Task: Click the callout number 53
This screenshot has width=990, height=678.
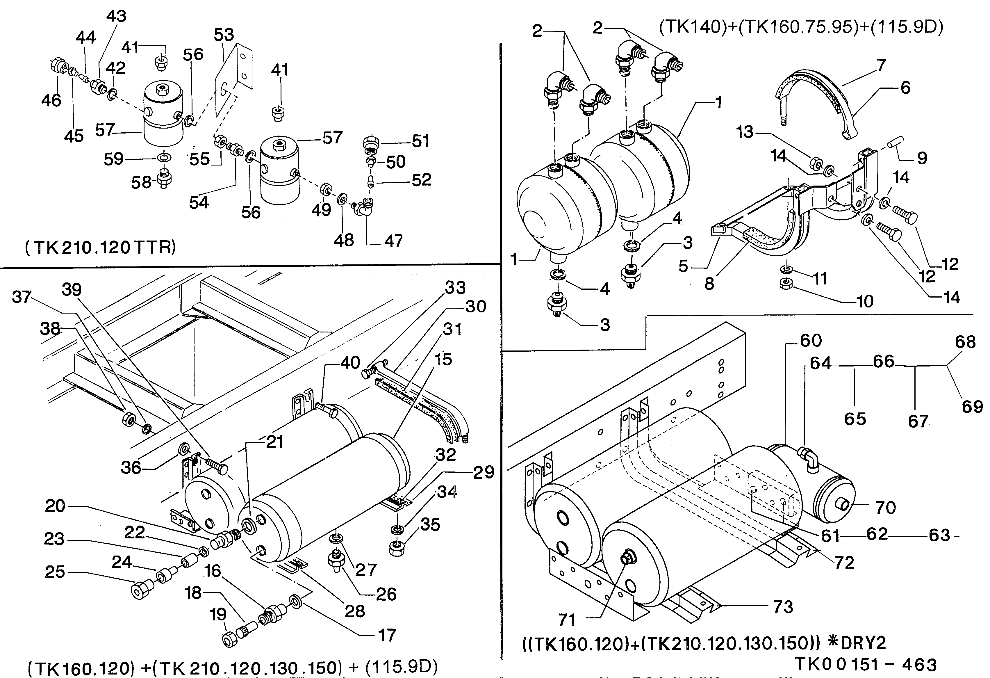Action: pos(224,35)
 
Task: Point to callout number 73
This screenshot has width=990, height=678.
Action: pos(783,607)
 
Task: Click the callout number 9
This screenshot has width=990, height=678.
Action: pos(922,159)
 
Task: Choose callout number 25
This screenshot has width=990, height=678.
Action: pos(55,572)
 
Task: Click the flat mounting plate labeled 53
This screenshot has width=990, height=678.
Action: pos(233,81)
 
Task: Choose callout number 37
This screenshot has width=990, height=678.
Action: pos(21,297)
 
